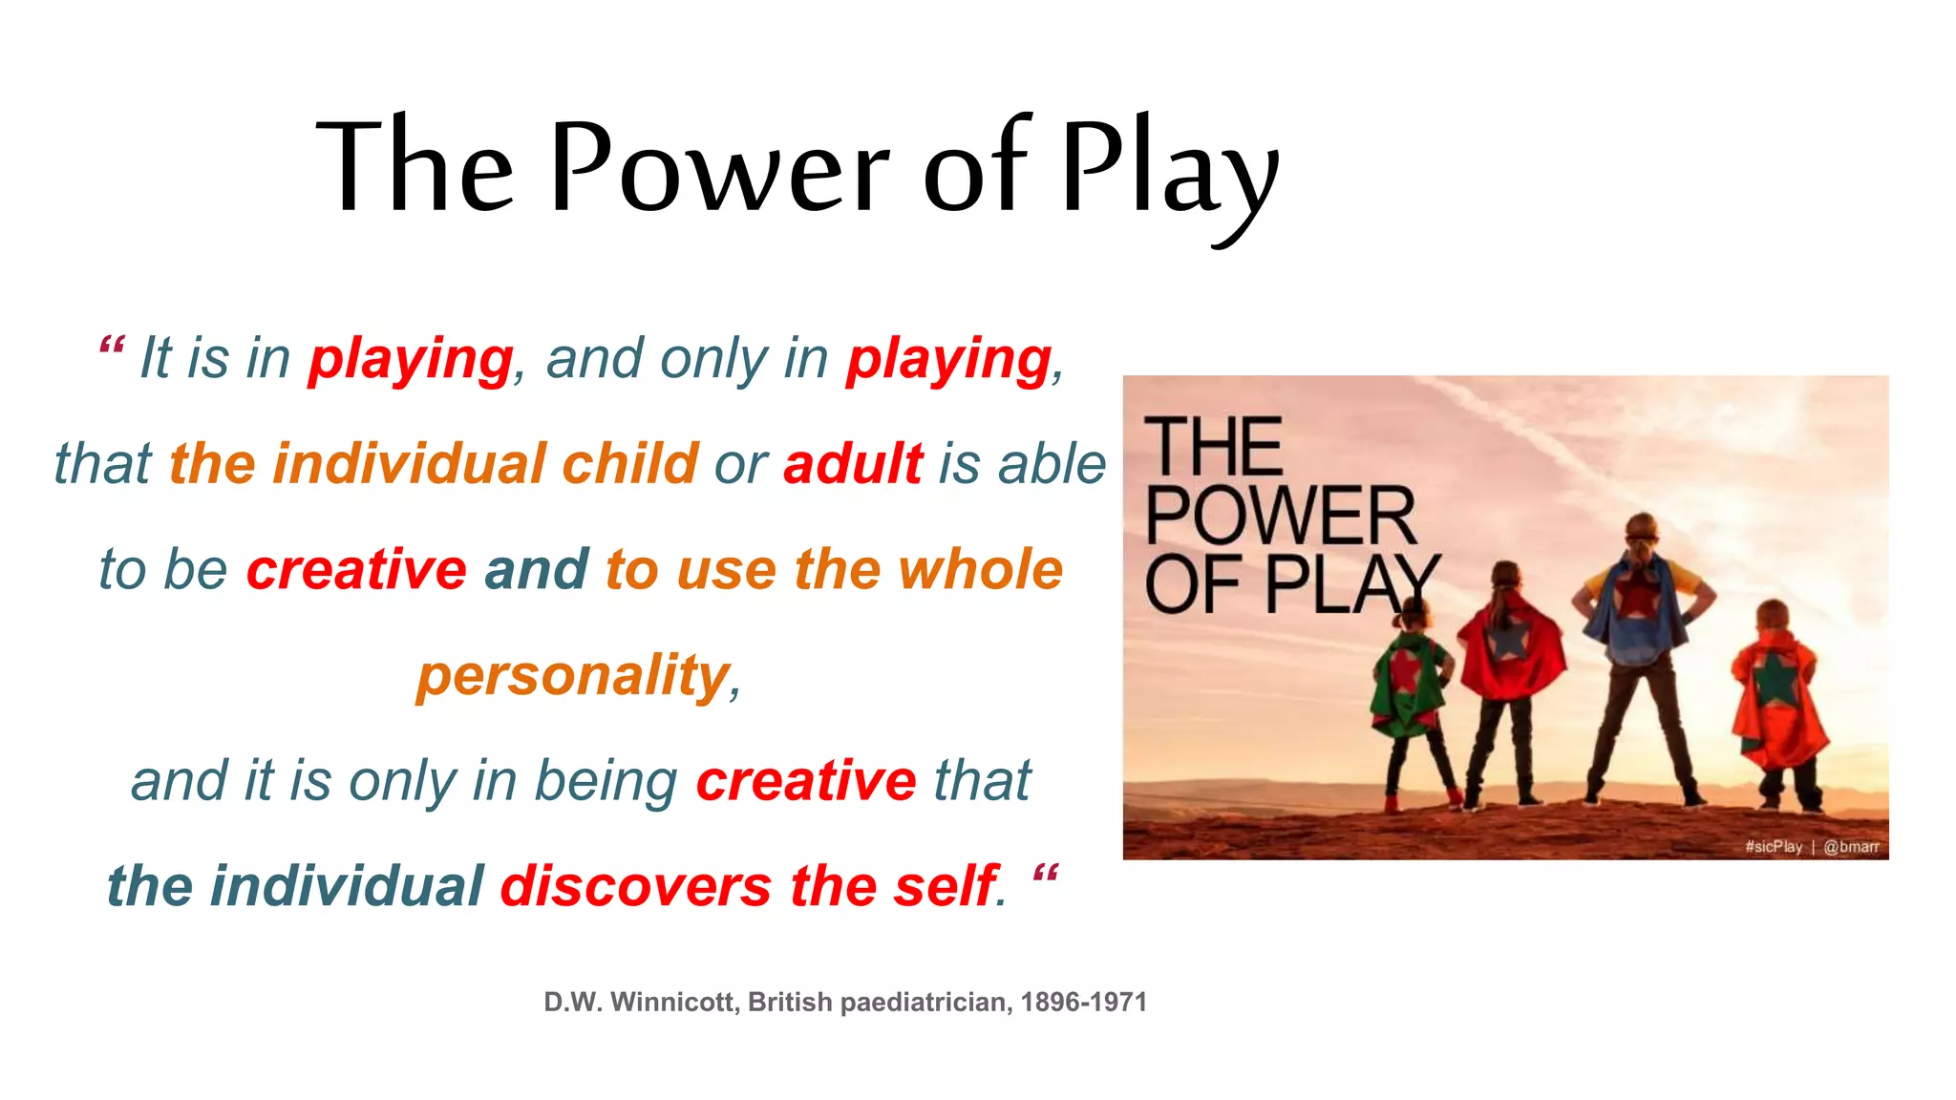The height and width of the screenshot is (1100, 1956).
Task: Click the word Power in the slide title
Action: (x=718, y=167)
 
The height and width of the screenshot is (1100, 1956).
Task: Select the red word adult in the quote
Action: (x=853, y=464)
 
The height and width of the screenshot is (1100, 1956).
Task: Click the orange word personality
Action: (x=573, y=676)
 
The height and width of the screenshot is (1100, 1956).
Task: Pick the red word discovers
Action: (x=635, y=886)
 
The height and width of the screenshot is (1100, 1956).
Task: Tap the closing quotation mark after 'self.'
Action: (x=1046, y=873)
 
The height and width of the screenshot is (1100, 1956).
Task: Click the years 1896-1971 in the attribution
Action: (x=1083, y=1002)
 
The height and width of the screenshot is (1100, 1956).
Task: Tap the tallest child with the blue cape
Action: (x=1640, y=649)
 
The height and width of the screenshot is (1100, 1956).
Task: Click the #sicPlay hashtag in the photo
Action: (x=1773, y=846)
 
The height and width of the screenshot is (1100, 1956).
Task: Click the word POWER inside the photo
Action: (x=1280, y=516)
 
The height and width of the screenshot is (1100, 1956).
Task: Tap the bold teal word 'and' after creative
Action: (x=536, y=570)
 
